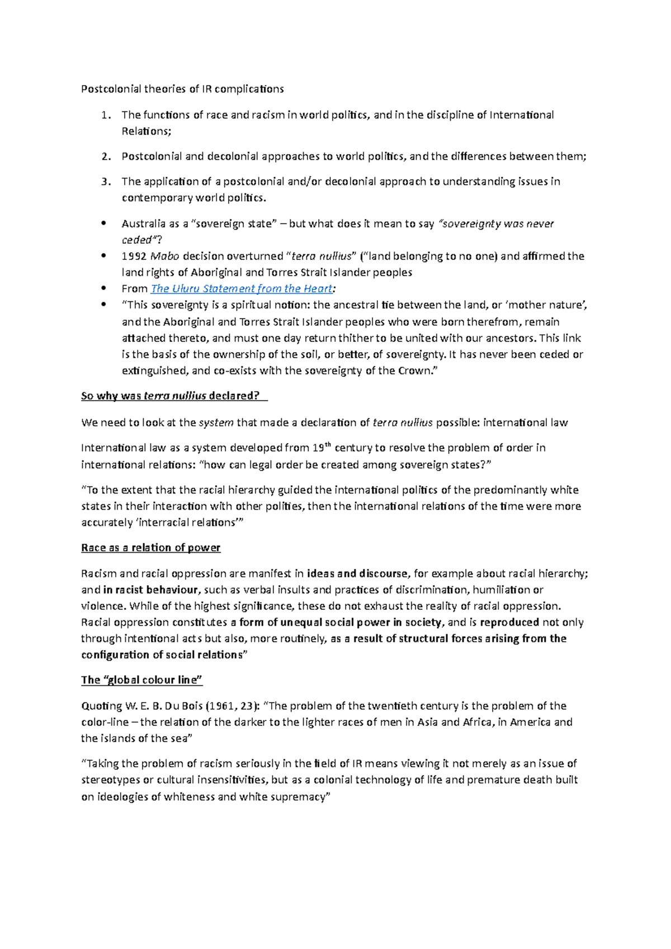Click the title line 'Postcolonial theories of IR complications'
click(182, 89)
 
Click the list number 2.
click(106, 156)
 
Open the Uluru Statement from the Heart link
click(242, 289)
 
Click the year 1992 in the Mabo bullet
click(134, 257)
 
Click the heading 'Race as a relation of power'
click(150, 548)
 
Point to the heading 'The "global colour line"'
click(141, 680)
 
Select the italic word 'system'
click(216, 423)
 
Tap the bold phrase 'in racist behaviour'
click(150, 590)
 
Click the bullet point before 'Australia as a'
click(103, 224)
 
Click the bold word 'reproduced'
click(509, 622)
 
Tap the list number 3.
click(106, 182)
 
